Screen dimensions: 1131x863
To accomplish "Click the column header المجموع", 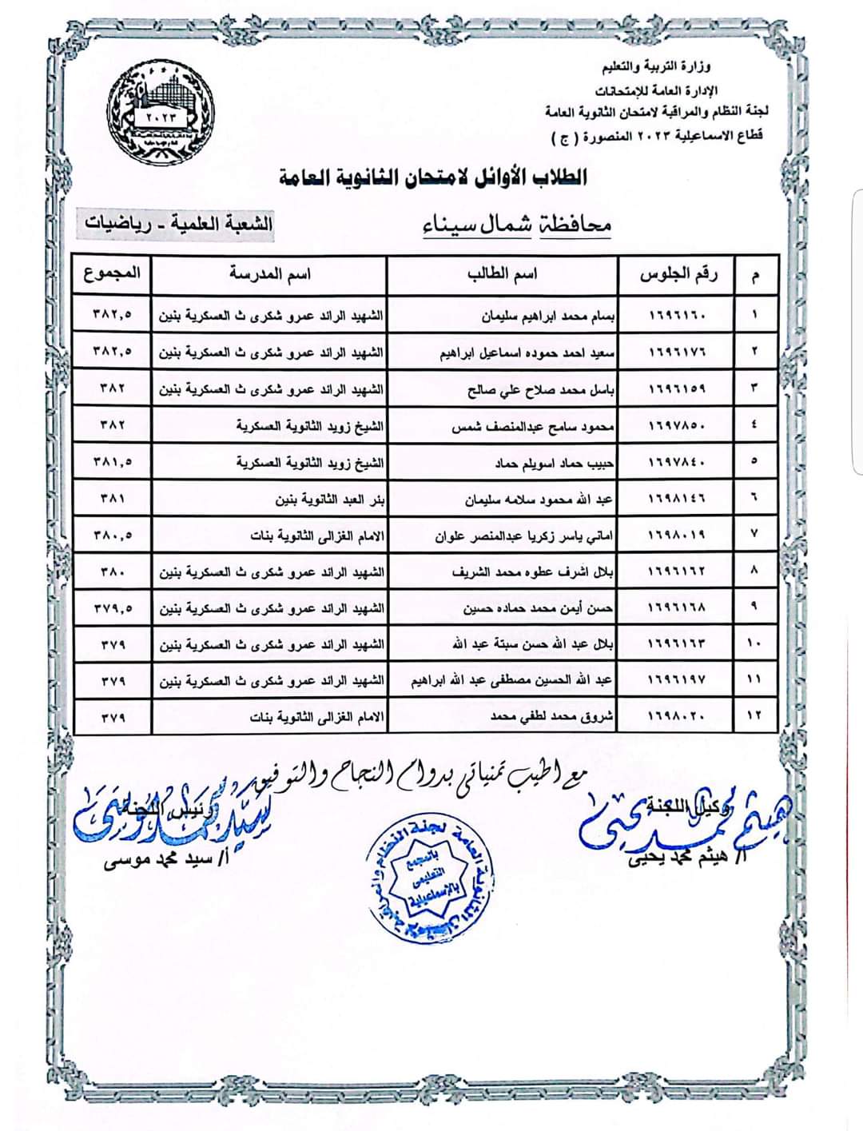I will click(112, 274).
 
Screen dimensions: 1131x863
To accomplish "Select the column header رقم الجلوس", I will click(678, 275).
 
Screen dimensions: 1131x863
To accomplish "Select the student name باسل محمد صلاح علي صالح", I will click(540, 389).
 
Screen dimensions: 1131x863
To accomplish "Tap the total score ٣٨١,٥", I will click(113, 462).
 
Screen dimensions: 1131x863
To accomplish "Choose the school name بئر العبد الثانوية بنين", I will click(329, 500).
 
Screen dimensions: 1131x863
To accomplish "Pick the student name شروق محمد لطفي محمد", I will click(552, 717).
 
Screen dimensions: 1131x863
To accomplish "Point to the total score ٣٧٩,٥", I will click(113, 608).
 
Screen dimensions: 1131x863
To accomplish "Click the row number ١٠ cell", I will click(754, 644).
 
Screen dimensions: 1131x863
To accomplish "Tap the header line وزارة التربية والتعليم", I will click(654, 67).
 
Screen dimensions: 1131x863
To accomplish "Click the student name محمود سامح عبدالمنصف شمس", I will click(532, 427).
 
